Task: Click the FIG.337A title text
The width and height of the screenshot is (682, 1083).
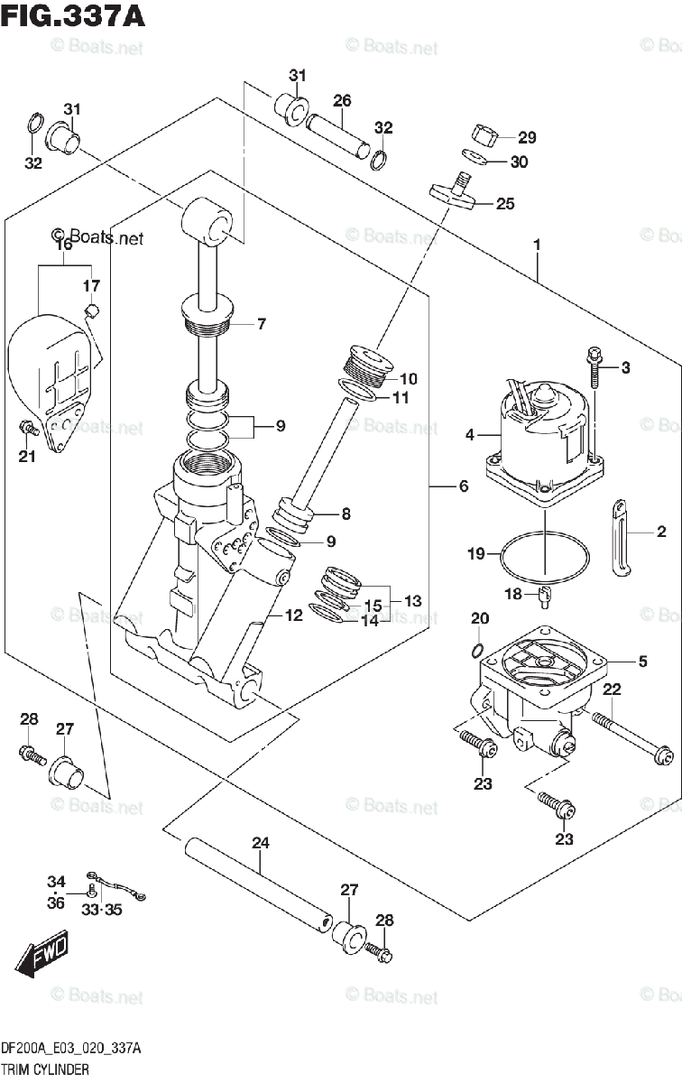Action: [72, 16]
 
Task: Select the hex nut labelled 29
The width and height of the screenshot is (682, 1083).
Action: [485, 137]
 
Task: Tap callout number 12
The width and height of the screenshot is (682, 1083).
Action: [293, 616]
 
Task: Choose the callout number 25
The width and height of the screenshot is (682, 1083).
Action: [505, 204]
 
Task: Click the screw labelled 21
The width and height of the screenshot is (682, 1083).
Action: [29, 427]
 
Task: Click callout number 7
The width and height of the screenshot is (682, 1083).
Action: [261, 324]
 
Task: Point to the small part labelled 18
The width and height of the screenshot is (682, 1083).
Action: [545, 597]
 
